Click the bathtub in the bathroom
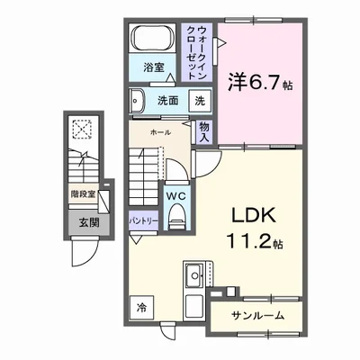(x=154, y=40)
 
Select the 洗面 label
(x=168, y=101)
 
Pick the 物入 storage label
(x=204, y=131)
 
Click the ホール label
(x=159, y=132)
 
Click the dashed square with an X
(x=82, y=130)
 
